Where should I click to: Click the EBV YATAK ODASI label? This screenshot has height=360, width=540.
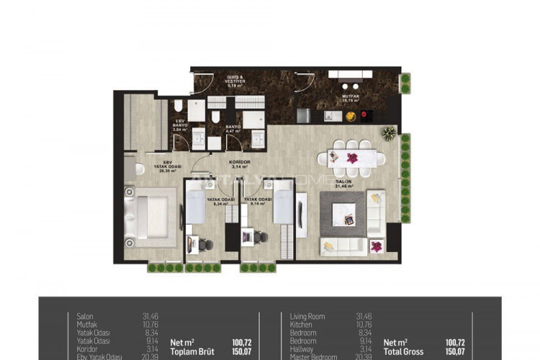[171, 166]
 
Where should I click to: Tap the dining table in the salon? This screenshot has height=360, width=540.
[352, 158]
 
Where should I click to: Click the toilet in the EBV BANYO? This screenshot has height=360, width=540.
[179, 107]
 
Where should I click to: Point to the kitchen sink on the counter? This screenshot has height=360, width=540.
[332, 116]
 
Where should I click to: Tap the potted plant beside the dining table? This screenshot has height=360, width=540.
[389, 133]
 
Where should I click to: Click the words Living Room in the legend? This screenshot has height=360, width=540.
[307, 316]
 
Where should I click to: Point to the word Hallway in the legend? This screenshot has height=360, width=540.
[302, 349]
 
